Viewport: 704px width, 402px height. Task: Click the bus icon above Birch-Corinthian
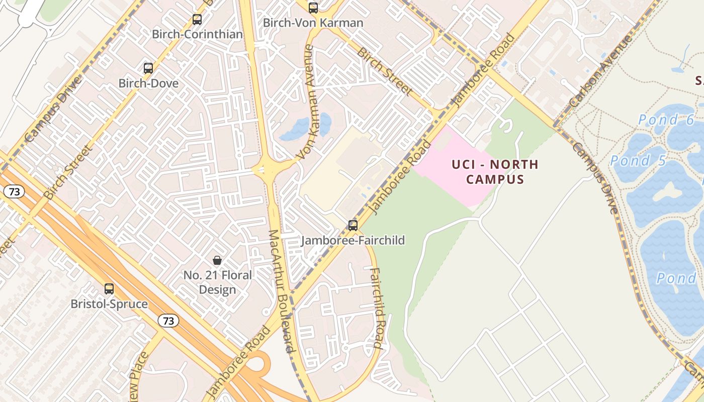click(197, 20)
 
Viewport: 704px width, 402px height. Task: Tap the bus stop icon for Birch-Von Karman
click(313, 8)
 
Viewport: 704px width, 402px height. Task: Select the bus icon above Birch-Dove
click(148, 68)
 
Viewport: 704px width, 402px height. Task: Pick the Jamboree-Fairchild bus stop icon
click(353, 226)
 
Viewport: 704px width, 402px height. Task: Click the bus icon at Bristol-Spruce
click(109, 289)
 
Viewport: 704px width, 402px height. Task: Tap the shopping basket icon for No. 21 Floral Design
click(217, 260)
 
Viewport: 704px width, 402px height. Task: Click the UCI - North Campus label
click(495, 172)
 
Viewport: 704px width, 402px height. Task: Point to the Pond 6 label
click(666, 120)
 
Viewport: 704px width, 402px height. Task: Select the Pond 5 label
click(638, 161)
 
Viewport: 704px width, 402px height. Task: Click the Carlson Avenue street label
click(600, 73)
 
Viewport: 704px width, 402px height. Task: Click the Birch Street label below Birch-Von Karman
click(385, 71)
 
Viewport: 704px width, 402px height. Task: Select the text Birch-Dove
click(148, 83)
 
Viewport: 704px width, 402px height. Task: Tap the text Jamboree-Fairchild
click(353, 240)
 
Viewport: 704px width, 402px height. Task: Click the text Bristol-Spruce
click(109, 304)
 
